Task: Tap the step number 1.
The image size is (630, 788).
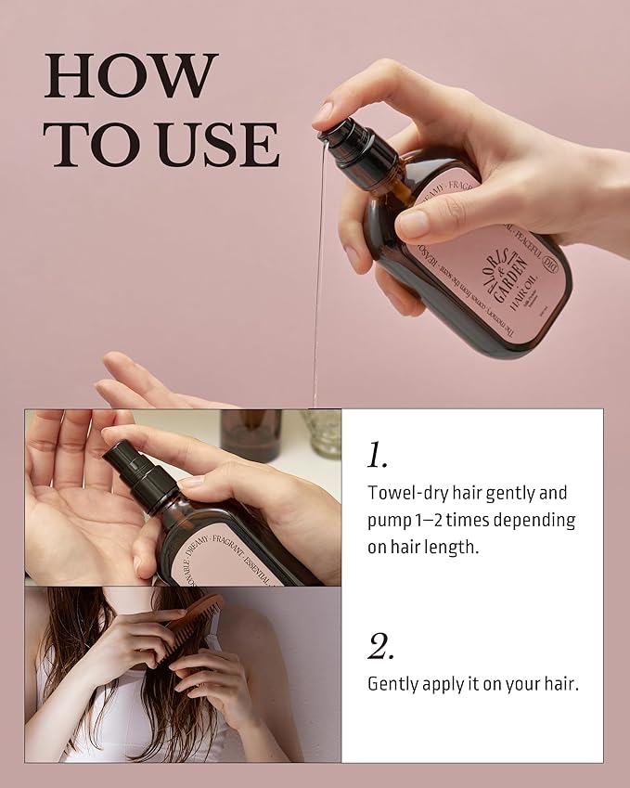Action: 377,456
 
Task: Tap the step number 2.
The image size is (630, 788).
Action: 380,648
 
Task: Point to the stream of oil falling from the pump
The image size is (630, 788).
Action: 318,278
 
